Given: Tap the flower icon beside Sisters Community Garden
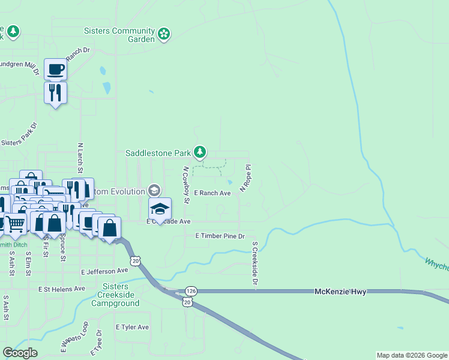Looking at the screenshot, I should coord(164,34).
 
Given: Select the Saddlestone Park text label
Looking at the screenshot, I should coord(158,153).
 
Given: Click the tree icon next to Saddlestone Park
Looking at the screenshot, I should coord(200,152).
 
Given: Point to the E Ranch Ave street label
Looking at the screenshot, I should coord(212,193).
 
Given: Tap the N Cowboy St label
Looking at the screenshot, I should coord(186,185).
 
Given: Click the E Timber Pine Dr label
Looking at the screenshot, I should coord(220,236).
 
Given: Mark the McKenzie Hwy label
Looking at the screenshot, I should coord(340,291).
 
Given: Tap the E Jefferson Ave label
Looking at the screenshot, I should coord(105,271).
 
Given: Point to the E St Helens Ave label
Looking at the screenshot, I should coord(62,289).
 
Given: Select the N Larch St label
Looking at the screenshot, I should coord(80,158).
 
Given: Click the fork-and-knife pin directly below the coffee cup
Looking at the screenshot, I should coord(55,94).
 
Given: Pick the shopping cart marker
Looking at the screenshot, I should coord(16,224).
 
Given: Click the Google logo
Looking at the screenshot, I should coord(20,353).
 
